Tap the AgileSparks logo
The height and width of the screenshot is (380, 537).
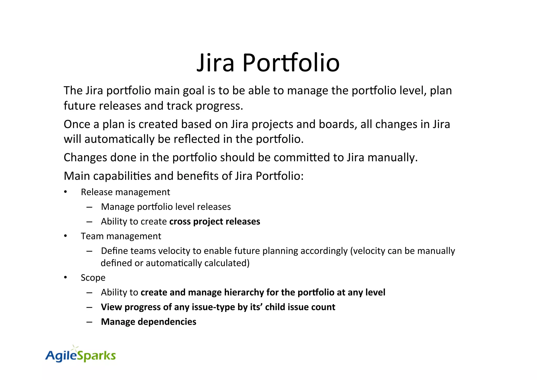pos(80,355)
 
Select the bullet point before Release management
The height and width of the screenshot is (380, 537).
pos(66,192)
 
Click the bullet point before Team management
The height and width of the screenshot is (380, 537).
pos(66,236)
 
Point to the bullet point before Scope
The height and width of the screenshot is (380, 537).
pos(66,278)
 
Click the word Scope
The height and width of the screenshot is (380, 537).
pos(93,278)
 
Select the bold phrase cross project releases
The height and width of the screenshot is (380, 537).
pos(214,221)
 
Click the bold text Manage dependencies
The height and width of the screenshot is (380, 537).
pos(148,322)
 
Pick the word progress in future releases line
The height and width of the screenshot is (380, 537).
pos(219,106)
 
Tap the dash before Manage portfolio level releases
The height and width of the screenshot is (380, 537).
pos(89,207)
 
